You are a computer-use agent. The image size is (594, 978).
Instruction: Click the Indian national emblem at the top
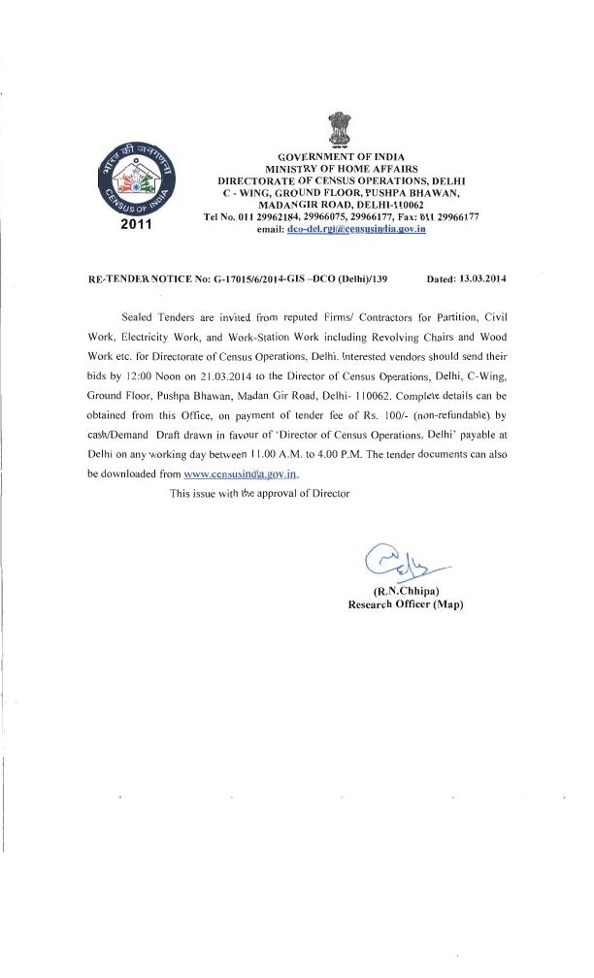click(x=340, y=128)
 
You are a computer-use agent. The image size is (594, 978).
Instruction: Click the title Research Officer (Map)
click(x=406, y=604)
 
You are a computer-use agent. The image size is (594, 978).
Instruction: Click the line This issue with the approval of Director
click(x=259, y=494)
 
